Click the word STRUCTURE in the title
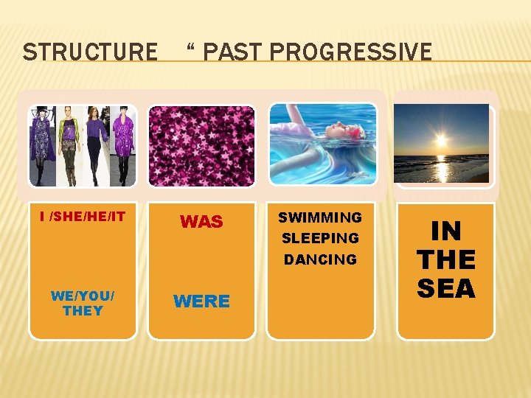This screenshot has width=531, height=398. [x=90, y=52]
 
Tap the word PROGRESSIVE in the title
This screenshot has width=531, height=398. [x=351, y=52]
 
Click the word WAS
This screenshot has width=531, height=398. [x=201, y=222]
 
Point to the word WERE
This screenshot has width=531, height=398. [x=201, y=301]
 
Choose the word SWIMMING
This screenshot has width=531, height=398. [x=320, y=217]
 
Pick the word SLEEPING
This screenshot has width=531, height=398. [x=320, y=238]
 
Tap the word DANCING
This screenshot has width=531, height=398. [x=320, y=259]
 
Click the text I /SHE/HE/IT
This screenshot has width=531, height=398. [x=83, y=216]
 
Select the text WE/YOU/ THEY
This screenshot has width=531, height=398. [x=83, y=303]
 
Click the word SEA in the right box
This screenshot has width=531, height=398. [x=445, y=287]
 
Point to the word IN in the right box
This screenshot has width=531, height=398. [x=445, y=231]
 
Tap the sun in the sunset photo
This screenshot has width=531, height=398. [x=441, y=140]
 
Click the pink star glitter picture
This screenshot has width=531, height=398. [x=201, y=145]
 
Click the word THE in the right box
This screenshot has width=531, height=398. [x=445, y=259]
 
